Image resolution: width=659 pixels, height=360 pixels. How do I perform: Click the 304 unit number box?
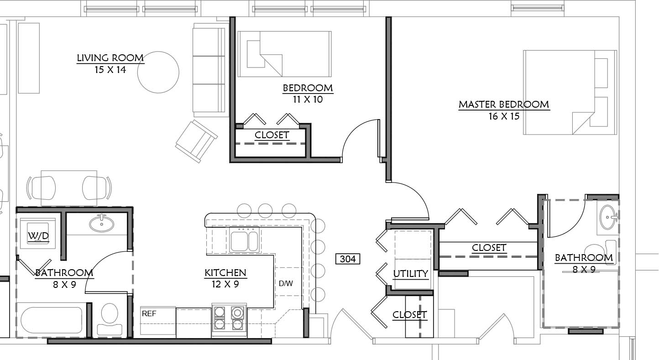point(348,259)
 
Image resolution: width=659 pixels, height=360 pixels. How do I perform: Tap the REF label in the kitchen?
point(149,313)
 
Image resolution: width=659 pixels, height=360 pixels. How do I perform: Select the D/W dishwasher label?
point(286,283)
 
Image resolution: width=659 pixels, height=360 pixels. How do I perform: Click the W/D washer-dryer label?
point(38,235)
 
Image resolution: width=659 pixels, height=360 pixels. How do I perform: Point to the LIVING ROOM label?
point(110,58)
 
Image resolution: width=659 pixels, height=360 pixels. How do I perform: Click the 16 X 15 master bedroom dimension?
point(504,116)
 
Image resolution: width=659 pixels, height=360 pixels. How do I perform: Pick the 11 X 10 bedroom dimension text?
point(308,99)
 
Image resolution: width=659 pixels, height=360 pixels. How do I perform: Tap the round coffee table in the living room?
point(158,73)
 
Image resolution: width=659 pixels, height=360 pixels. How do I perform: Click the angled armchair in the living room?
point(196,141)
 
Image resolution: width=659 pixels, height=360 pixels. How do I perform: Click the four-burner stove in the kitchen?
point(229,320)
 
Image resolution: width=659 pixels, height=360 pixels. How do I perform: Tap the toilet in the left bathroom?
point(110,320)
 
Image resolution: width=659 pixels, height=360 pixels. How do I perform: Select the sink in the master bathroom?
point(608,217)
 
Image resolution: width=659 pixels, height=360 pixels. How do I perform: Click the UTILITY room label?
point(411,274)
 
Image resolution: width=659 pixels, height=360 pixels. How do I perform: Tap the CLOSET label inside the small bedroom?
point(272,135)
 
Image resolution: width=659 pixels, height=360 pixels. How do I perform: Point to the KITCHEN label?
point(225,273)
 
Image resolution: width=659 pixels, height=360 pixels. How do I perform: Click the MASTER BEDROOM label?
point(504,104)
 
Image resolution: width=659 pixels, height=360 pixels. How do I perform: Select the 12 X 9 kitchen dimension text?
point(225,284)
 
